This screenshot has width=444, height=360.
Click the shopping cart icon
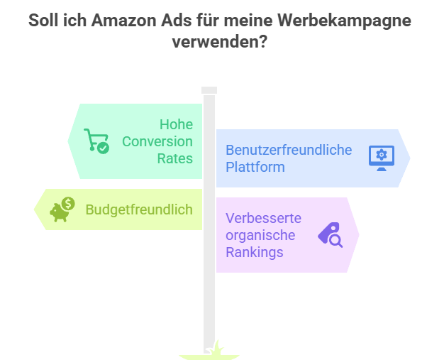[x=96, y=141]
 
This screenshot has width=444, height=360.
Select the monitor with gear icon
[x=381, y=158]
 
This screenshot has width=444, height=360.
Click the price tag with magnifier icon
[x=329, y=234]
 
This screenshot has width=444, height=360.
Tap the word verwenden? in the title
[x=221, y=42]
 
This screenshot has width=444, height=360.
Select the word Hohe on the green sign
[x=175, y=125]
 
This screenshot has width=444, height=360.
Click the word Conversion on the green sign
[x=157, y=141]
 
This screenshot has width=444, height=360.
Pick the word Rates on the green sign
[x=175, y=158]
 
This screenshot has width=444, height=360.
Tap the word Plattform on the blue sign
[x=255, y=167]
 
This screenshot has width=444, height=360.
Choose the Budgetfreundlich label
[x=139, y=209]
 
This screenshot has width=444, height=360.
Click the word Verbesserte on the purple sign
[x=264, y=218]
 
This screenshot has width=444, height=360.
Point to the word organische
[x=260, y=235]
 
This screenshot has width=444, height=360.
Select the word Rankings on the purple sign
[x=254, y=252]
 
